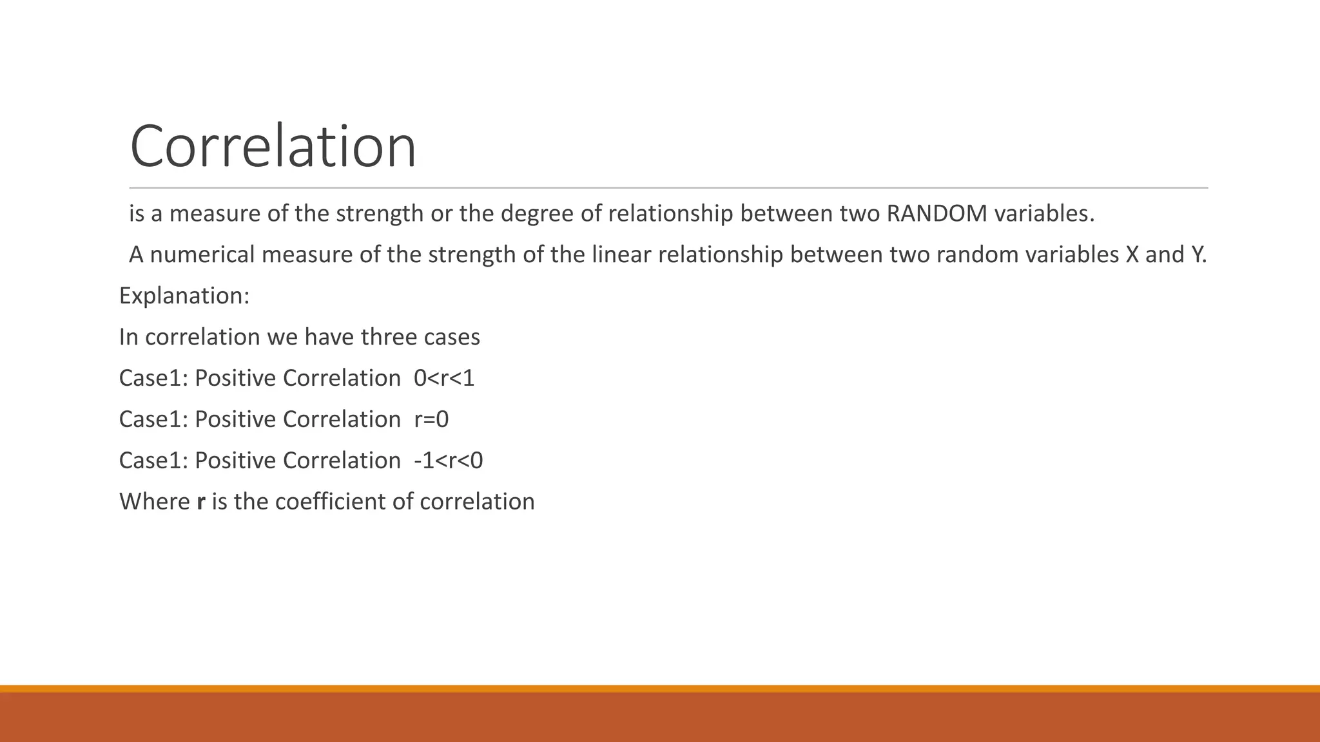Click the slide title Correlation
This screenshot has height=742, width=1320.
(x=273, y=147)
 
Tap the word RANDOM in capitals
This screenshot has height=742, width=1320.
(x=937, y=214)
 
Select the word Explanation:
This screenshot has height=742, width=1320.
(x=184, y=296)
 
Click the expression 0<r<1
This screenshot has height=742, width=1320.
(x=444, y=378)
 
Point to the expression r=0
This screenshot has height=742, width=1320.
(x=431, y=419)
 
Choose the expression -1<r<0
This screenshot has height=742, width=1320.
(x=448, y=461)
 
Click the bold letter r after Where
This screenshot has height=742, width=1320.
(x=200, y=502)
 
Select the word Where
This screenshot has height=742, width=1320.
(x=155, y=502)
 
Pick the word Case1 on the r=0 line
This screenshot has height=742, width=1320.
(x=153, y=419)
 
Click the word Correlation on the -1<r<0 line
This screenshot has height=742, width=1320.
(x=342, y=461)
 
